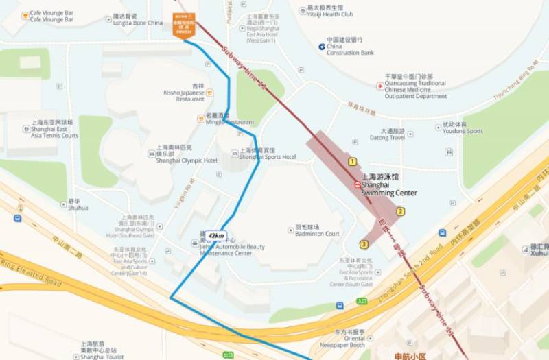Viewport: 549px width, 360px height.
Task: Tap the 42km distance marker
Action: tap(216, 235)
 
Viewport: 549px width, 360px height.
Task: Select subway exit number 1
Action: tap(352, 162)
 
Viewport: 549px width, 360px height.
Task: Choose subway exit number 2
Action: tap(400, 211)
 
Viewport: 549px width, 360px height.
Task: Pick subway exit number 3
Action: tap(364, 244)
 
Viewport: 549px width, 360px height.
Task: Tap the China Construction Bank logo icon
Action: tap(322, 46)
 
